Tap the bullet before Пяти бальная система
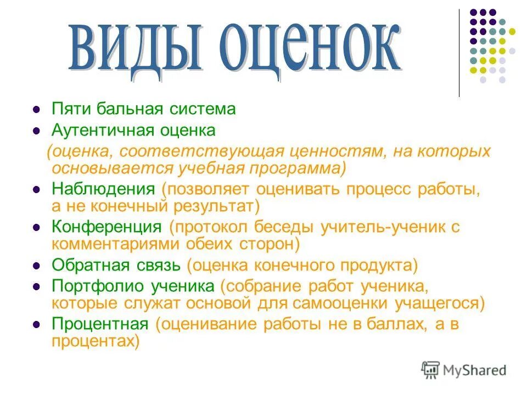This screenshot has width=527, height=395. (x=36, y=109)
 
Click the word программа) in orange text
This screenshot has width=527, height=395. (x=297, y=167)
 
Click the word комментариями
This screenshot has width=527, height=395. (x=108, y=243)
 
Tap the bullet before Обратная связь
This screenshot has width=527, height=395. (x=36, y=266)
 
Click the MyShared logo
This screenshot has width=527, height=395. (x=464, y=370)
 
